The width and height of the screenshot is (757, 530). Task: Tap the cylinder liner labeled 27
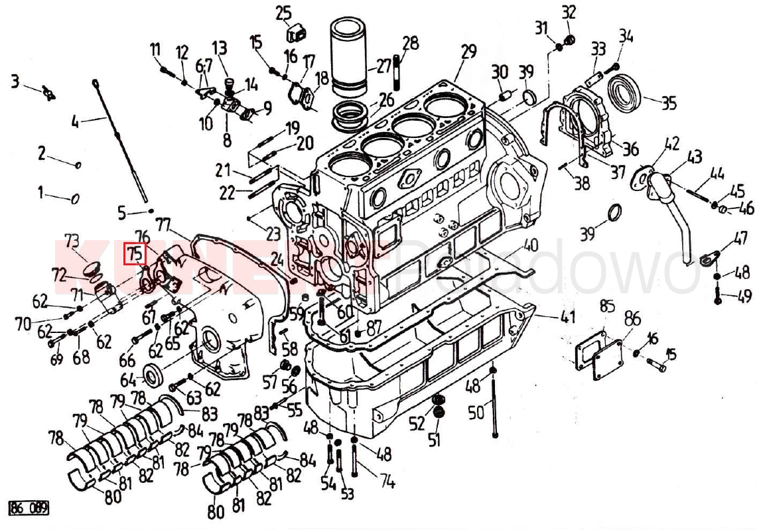point(352,56)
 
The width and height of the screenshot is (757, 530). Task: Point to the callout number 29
point(468,51)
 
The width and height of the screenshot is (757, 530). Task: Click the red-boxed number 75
point(135,253)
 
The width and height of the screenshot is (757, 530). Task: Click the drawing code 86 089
point(29,509)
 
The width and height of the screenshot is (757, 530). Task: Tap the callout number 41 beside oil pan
point(567,317)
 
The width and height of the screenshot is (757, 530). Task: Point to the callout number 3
point(15,82)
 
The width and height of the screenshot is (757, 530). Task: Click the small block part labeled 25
point(295,34)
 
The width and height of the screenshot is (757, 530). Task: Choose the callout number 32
point(569,12)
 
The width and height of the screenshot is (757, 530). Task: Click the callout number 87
point(374,327)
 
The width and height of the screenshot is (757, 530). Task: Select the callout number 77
point(163,224)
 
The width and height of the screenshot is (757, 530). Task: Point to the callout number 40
point(530,245)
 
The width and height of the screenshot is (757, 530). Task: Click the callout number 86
point(632,318)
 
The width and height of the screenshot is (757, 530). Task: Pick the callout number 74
point(387,482)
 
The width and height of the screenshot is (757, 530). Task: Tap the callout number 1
point(41,193)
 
